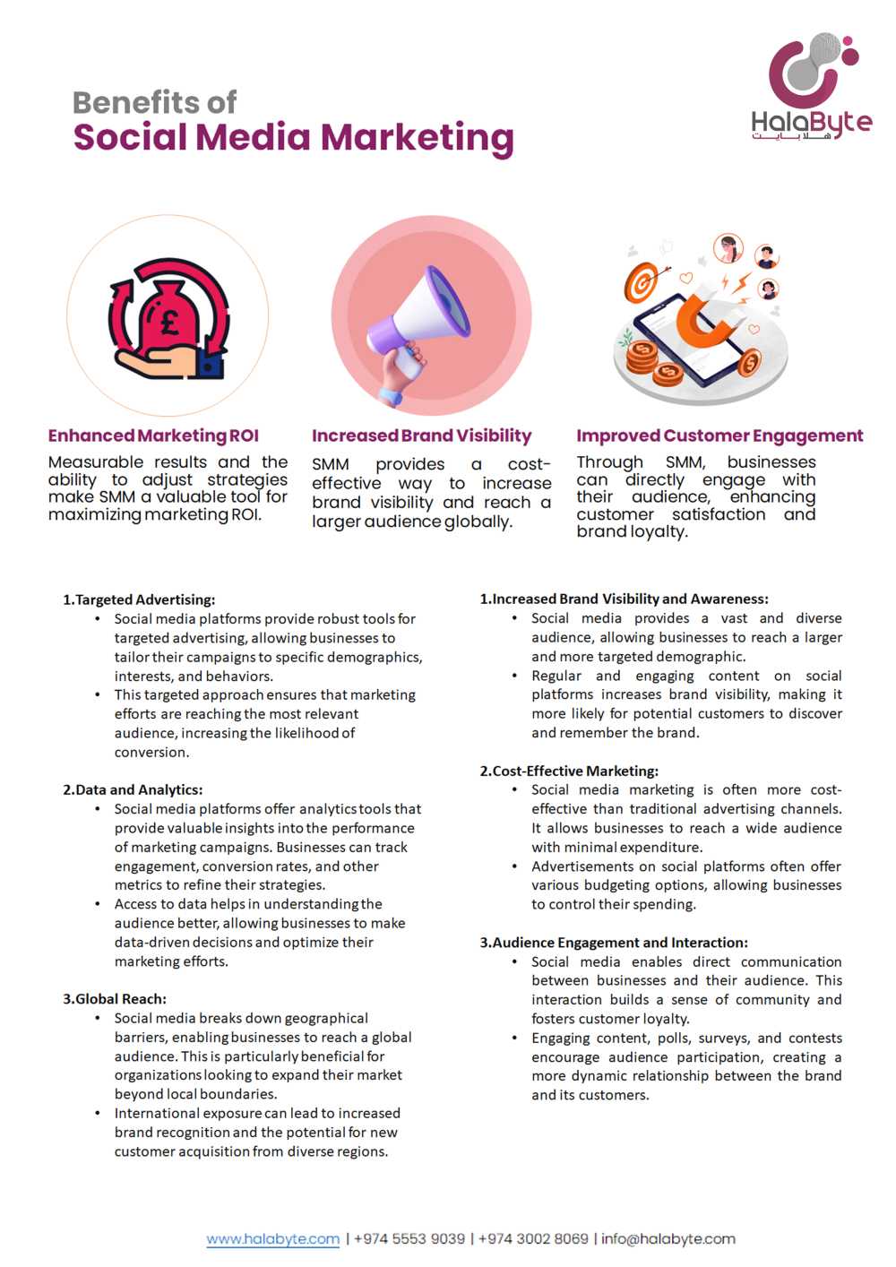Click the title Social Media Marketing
293,137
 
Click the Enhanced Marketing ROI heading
153,435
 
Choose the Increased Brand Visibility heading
421,435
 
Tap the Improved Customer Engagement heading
719,435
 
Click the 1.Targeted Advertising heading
139,599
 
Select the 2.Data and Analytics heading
133,789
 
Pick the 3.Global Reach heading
115,998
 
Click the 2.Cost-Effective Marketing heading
569,771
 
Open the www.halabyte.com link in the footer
273,1238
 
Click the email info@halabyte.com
668,1238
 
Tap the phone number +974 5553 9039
409,1238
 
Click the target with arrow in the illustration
642,282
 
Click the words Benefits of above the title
154,102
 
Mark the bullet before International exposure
98,1113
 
